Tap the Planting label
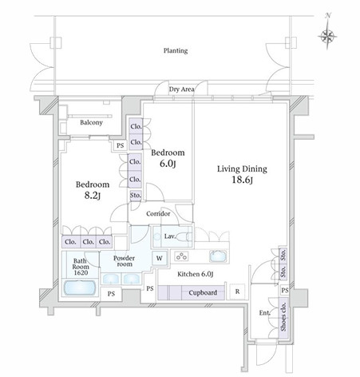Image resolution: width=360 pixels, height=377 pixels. [176, 50]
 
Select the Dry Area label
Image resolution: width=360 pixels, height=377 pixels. [182, 89]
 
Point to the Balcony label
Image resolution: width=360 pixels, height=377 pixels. [91, 122]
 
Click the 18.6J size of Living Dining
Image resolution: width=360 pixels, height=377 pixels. [242, 180]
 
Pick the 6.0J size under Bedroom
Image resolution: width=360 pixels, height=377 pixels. [168, 164]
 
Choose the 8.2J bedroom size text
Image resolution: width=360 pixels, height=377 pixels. [93, 196]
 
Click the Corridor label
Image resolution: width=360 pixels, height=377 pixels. [158, 213]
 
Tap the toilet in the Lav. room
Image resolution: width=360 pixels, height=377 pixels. [184, 236]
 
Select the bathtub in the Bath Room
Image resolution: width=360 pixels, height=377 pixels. [80, 288]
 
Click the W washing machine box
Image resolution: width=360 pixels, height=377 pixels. [160, 258]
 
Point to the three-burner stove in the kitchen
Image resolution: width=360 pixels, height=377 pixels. [181, 256]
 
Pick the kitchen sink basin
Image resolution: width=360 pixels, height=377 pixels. [218, 256]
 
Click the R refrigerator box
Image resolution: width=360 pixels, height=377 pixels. [237, 292]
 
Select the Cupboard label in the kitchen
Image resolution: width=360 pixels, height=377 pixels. [203, 293]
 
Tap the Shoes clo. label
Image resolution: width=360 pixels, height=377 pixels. [283, 317]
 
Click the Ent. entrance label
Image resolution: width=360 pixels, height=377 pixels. [265, 313]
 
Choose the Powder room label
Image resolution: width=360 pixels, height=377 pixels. [124, 261]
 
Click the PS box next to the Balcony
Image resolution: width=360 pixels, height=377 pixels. [121, 145]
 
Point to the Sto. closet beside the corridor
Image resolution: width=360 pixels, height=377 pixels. [136, 195]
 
